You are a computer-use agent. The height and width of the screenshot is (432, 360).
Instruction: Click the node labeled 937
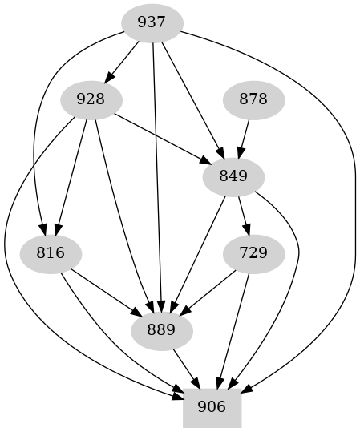pos(152,22)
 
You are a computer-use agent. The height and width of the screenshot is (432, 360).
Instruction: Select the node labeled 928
pos(91,101)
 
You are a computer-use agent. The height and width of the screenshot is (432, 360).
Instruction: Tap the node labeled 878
pos(252,101)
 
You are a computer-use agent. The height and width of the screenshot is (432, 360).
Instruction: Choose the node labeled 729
pos(252,254)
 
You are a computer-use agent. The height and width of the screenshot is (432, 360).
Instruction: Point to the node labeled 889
pos(161,330)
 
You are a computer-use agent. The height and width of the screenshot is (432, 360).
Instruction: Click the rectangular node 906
pos(212,407)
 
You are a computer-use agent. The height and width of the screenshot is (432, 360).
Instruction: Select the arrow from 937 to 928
pos(123,61)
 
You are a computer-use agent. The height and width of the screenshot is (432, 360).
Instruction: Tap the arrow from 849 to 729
pos(243,215)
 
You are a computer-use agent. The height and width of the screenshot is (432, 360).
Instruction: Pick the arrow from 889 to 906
pos(186,368)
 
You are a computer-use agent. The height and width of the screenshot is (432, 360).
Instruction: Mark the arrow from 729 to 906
pos(233,329)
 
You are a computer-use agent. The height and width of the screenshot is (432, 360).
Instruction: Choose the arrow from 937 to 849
pos(192,99)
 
